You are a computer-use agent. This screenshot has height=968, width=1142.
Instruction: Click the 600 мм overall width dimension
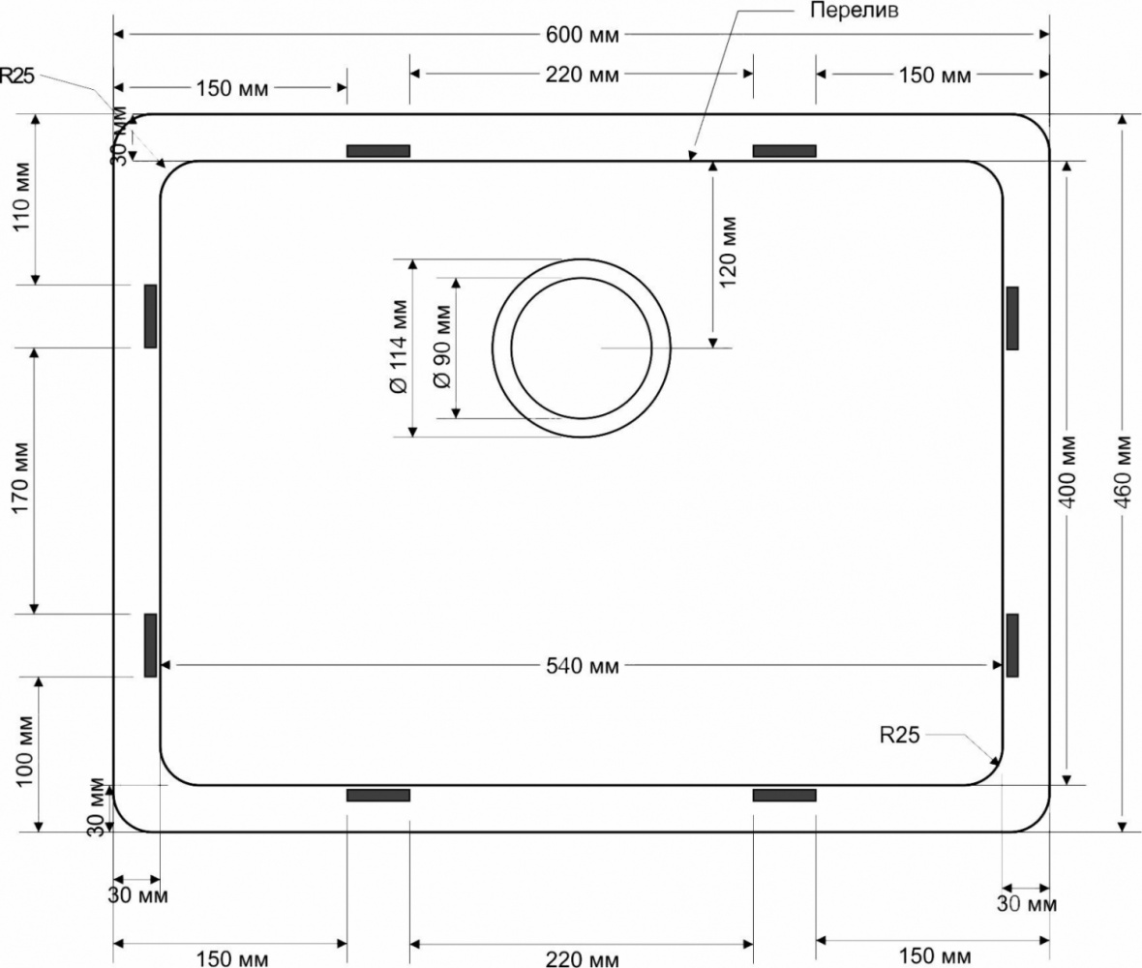point(582,34)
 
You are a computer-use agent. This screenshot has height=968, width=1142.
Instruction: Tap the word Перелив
point(855,11)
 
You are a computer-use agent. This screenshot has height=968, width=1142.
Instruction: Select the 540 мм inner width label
point(582,665)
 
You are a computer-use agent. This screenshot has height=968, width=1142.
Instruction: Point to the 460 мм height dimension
point(1123,472)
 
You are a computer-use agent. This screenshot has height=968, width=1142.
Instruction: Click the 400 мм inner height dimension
point(1067,472)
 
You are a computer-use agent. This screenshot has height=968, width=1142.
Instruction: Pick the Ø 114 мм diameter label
point(399,348)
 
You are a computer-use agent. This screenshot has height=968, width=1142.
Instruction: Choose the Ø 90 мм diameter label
point(442,348)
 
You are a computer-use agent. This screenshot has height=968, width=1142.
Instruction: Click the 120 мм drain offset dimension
point(728,252)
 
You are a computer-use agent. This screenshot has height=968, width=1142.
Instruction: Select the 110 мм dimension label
point(22,197)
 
